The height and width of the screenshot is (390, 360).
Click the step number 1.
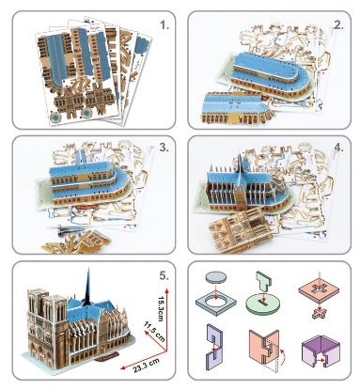coord(164,25)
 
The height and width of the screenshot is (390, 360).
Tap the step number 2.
coord(338,25)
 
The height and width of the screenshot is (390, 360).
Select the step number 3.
coord(164,148)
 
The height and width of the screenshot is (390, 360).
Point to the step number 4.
coord(338,148)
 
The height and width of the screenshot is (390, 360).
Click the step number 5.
coord(164,275)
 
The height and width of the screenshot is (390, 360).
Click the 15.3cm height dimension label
coord(161,308)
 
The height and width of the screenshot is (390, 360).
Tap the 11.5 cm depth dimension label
coord(154,332)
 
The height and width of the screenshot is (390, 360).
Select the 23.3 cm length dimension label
coord(146,365)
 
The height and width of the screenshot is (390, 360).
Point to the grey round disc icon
coord(216,277)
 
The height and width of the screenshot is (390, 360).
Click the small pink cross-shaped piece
coord(319,313)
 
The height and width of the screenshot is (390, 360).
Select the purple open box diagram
coord(321,351)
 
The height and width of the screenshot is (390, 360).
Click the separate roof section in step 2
coord(237,108)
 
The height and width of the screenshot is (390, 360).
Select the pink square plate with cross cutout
coord(319,290)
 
